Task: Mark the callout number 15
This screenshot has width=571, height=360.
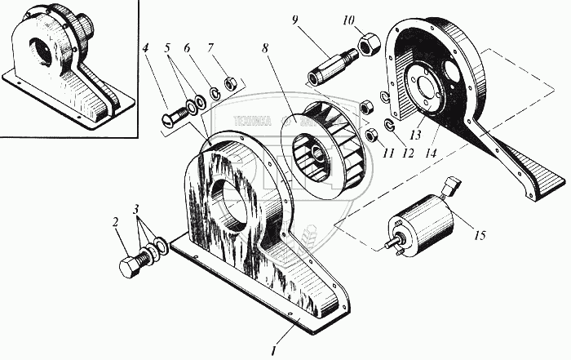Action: click(480, 236)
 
